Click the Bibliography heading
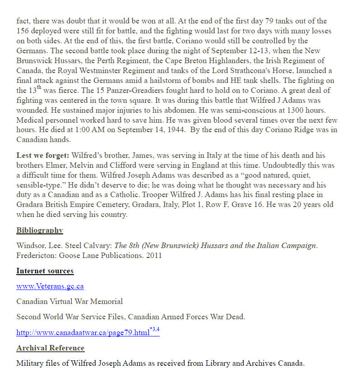tap(40, 230)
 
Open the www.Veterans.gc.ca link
tap(50, 286)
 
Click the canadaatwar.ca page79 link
tap(83, 333)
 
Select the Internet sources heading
tap(45, 271)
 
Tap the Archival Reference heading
tap(51, 348)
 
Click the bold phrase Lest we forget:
tap(43, 156)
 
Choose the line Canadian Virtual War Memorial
tap(69, 301)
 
